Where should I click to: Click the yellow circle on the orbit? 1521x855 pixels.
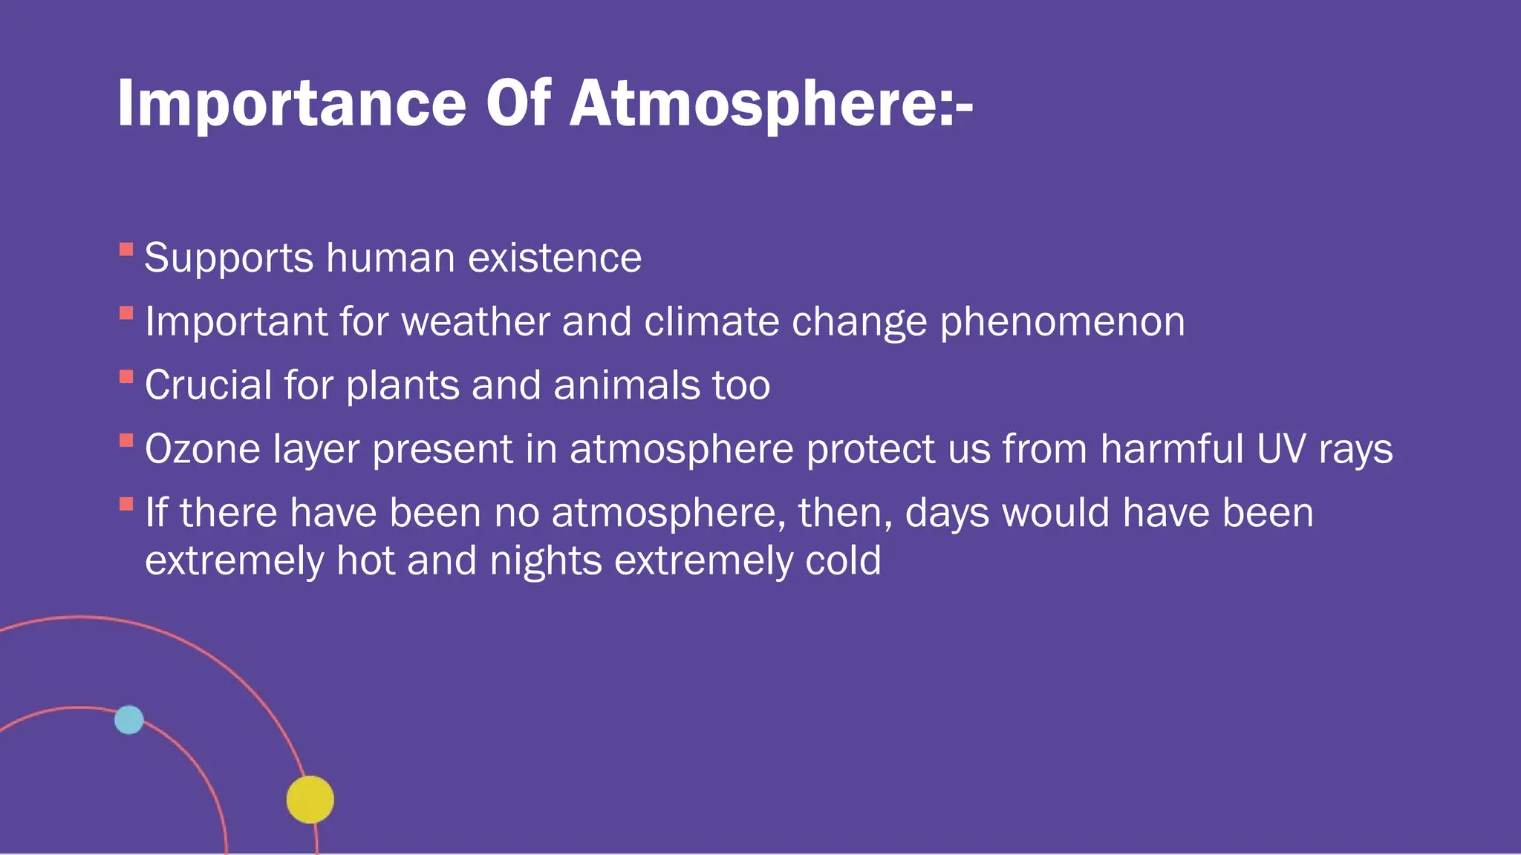tap(310, 799)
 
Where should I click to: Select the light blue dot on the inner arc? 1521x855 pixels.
tap(129, 720)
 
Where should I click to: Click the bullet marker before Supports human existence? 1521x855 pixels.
tap(126, 249)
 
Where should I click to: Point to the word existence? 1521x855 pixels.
tap(555, 258)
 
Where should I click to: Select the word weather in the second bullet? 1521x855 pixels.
tap(475, 322)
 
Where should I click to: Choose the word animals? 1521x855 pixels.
tap(626, 386)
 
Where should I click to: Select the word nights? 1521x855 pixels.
tap(546, 560)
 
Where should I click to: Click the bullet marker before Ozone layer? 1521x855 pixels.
tap(126, 441)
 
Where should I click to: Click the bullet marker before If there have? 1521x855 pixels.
tap(126, 505)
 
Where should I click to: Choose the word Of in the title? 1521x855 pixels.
tap(518, 104)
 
